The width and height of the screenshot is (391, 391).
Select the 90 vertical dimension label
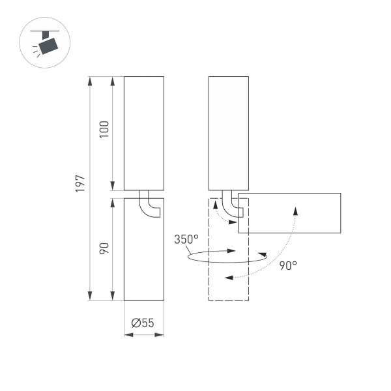point(104,248)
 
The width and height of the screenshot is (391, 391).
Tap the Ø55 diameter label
point(143,323)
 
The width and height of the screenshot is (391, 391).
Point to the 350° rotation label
point(186,239)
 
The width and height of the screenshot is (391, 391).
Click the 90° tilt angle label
point(288,265)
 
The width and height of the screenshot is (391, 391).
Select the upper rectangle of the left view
point(143,133)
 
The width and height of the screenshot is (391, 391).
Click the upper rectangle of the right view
point(228,133)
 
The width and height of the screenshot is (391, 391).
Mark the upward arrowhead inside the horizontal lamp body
point(296,210)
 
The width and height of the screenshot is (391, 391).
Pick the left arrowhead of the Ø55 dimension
point(128,336)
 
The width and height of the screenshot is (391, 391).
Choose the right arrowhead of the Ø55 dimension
point(160,336)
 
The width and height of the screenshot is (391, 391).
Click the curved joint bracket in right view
point(230,205)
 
